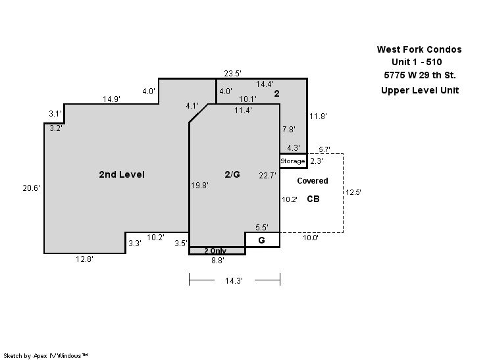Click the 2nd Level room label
pyautogui.click(x=122, y=174)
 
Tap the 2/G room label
pyautogui.click(x=232, y=174)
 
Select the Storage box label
pyautogui.click(x=292, y=161)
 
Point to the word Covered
pyautogui.click(x=313, y=181)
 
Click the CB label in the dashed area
pyautogui.click(x=313, y=199)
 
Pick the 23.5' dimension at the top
pyautogui.click(x=232, y=74)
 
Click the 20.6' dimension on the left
pyautogui.click(x=32, y=188)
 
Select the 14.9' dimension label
pyautogui.click(x=111, y=99)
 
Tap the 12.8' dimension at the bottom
pyautogui.click(x=84, y=259)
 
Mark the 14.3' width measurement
pyautogui.click(x=234, y=281)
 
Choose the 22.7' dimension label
pyautogui.click(x=268, y=176)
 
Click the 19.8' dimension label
pyautogui.click(x=200, y=186)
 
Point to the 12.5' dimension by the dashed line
pyautogui.click(x=353, y=192)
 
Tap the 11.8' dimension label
pyautogui.click(x=318, y=116)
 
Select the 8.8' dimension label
pyautogui.click(x=218, y=261)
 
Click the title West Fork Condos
pyautogui.click(x=419, y=49)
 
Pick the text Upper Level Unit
pyautogui.click(x=420, y=90)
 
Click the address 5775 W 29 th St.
pyautogui.click(x=420, y=75)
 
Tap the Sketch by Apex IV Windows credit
pyautogui.click(x=45, y=356)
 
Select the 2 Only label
pyautogui.click(x=215, y=251)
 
